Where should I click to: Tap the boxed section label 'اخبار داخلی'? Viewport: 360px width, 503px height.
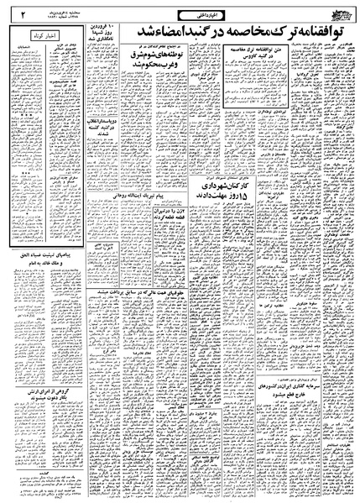click(x=178, y=13)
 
